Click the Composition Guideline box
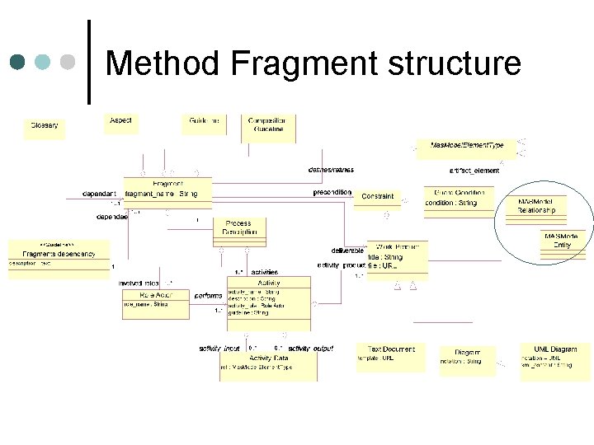coord(268,124)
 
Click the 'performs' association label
coord(208,295)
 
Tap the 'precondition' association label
coord(332,192)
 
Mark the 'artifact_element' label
coord(474,171)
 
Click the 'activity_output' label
coord(310,349)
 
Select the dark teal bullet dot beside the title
coord(17,63)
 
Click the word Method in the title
coord(164,63)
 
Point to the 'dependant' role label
coord(99,194)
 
